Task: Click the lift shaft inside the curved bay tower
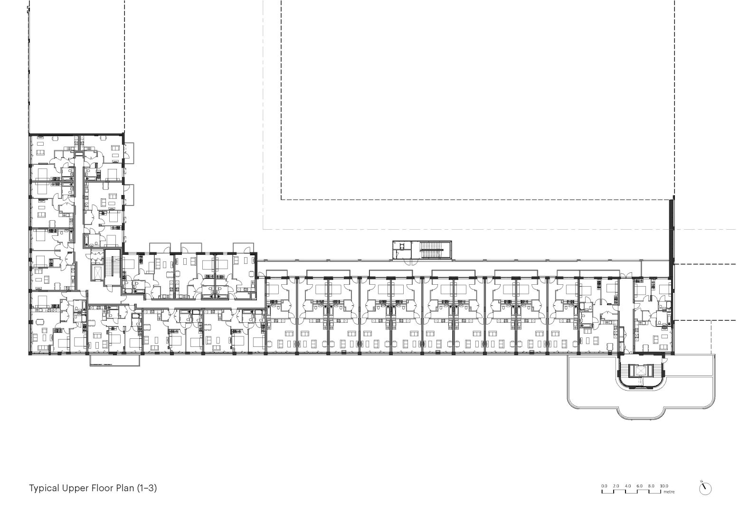click(640, 371)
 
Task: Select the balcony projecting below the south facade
click(115, 360)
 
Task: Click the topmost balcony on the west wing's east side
click(129, 153)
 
